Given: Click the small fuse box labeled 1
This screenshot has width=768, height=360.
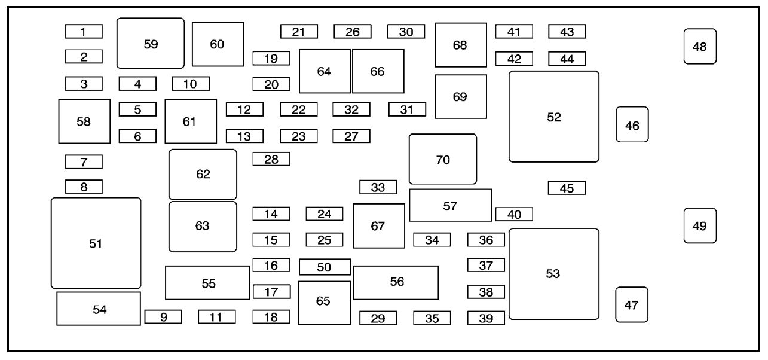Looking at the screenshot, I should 84,32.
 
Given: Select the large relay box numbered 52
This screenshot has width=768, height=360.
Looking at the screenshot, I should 554,117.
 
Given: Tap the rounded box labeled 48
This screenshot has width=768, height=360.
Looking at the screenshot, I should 700,46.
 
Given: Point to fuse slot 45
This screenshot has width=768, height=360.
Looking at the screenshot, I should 567,188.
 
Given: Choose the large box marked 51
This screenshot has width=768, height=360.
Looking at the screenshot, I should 96,243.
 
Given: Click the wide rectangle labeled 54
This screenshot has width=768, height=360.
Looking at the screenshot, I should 99,309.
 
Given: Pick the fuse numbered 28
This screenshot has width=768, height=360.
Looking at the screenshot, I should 271,159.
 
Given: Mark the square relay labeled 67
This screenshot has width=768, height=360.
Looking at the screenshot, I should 378,226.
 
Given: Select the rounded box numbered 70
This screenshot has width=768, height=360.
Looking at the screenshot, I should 443,159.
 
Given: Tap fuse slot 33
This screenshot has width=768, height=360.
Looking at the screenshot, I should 378,187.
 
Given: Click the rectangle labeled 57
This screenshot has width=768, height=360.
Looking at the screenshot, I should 451,205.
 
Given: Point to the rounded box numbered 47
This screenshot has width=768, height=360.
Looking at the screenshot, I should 632,305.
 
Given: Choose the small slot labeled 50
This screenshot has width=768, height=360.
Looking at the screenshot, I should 325,267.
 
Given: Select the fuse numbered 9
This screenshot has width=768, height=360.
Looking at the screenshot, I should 163,317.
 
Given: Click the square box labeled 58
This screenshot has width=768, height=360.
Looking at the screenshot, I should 84,121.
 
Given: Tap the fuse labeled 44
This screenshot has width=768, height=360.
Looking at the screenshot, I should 567,59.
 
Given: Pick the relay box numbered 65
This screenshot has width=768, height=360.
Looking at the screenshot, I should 324,303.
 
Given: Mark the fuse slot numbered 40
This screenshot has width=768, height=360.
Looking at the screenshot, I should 514,213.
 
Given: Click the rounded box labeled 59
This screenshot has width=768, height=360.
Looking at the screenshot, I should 151,43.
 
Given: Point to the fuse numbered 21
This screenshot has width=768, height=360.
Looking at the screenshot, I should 299,32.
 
